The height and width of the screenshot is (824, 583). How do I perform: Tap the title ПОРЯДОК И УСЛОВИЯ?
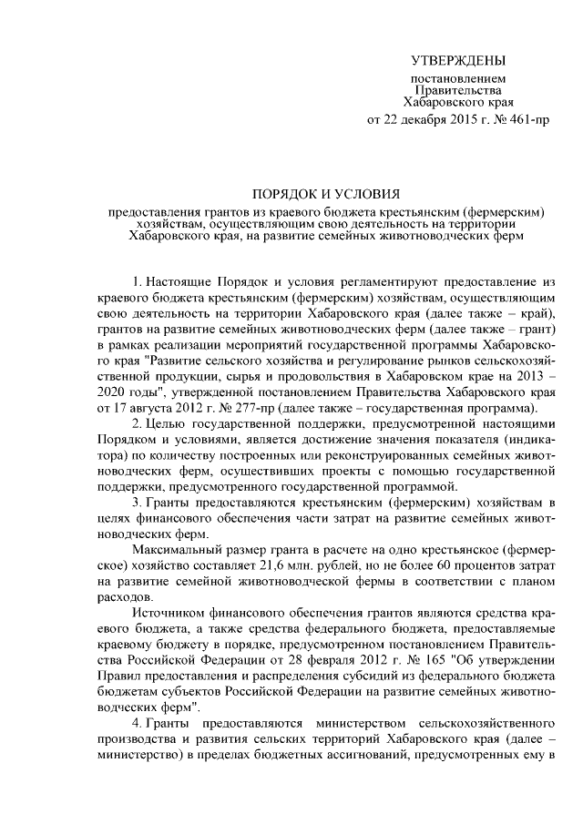tap(326, 193)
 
